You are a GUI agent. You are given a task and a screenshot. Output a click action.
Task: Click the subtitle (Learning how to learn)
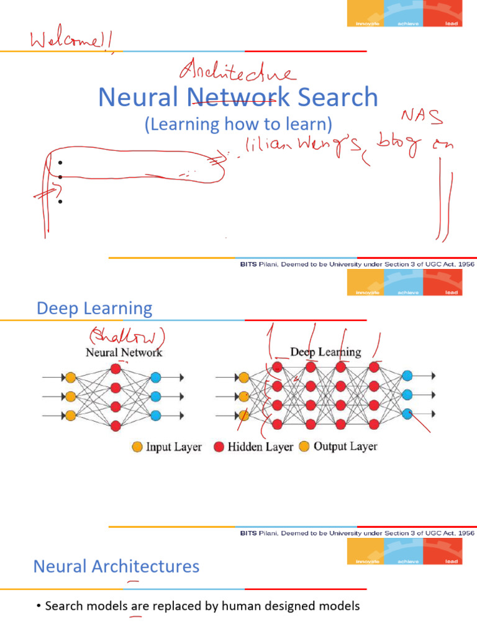(x=235, y=124)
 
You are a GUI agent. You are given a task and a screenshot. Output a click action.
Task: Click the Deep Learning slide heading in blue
(x=94, y=308)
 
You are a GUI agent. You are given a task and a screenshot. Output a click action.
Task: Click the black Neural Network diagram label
(x=124, y=352)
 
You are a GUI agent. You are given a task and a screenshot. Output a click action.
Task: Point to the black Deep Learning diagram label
(x=325, y=352)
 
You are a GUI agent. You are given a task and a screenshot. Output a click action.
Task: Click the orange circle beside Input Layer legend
(x=137, y=447)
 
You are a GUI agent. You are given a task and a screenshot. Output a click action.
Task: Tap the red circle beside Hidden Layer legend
(x=219, y=447)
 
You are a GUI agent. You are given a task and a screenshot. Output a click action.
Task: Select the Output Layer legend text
(x=345, y=447)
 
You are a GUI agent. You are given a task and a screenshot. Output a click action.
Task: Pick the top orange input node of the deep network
(x=243, y=377)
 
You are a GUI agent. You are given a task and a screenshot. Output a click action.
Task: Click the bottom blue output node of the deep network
(x=407, y=414)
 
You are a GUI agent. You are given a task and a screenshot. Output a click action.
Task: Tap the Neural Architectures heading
(x=116, y=566)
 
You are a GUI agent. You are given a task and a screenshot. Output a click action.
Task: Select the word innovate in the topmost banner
(x=363, y=24)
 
